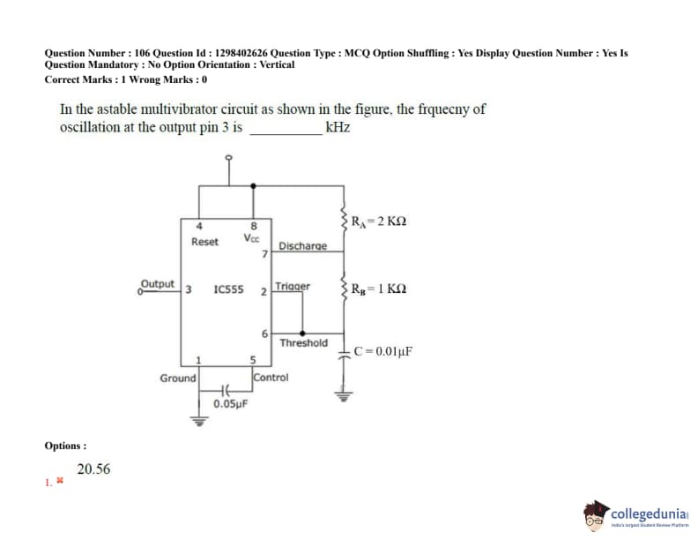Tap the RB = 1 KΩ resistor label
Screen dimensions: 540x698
point(379,289)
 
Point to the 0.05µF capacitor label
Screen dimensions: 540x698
point(230,404)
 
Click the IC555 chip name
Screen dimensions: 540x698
point(229,289)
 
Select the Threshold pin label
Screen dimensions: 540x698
point(303,342)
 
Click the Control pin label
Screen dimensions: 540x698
point(271,377)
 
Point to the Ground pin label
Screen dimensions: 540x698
point(178,378)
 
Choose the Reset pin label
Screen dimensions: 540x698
point(204,241)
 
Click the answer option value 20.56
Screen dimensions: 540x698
point(93,469)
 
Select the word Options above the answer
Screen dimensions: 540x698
point(65,446)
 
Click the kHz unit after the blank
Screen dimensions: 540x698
point(338,127)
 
